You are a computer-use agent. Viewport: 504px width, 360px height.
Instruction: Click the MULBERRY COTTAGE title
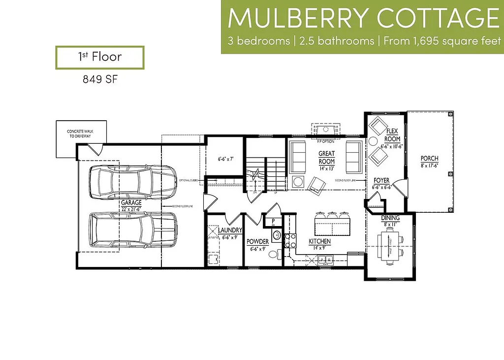pyautogui.click(x=363, y=18)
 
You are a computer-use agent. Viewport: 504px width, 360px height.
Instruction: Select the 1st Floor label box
pyautogui.click(x=99, y=57)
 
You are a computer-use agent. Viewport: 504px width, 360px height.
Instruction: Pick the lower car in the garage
pyautogui.click(x=133, y=230)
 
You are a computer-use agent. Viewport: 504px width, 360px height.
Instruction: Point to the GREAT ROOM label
pyautogui.click(x=327, y=157)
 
